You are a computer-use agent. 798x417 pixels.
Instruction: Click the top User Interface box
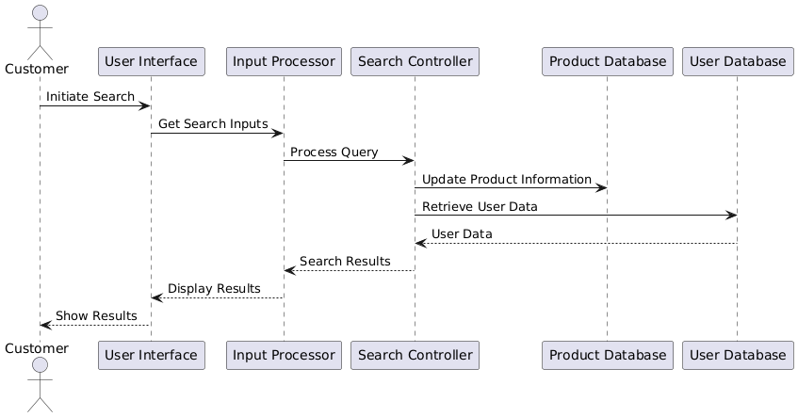coord(152,61)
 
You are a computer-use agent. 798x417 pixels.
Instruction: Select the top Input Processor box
coord(284,61)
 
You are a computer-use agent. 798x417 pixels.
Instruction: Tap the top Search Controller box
coord(415,61)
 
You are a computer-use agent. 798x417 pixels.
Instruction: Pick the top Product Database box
coord(608,61)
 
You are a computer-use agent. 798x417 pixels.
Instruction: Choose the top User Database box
coord(738,61)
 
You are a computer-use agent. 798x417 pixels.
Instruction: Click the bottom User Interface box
coord(152,355)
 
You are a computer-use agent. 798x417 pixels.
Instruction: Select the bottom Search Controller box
coord(415,355)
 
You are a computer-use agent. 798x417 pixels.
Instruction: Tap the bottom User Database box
coord(738,355)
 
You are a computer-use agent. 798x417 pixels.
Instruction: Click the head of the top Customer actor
coord(41,13)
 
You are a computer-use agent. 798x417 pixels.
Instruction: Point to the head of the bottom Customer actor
coord(41,364)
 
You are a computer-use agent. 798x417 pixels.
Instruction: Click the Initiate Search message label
coord(90,97)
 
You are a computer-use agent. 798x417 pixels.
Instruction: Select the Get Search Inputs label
coord(213,124)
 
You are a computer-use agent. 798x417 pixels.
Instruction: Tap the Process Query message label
coord(334,152)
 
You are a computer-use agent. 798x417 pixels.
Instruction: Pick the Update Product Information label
coord(507,179)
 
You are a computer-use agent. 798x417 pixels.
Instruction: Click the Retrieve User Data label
coord(480,206)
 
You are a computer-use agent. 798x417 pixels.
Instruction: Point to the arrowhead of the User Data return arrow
coord(420,243)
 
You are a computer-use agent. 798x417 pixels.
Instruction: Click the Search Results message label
coord(345,262)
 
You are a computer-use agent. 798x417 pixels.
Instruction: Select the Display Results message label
coord(214,289)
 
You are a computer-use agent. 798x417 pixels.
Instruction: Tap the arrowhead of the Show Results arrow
coord(45,325)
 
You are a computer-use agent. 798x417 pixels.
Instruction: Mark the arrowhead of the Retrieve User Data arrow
coord(731,216)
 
